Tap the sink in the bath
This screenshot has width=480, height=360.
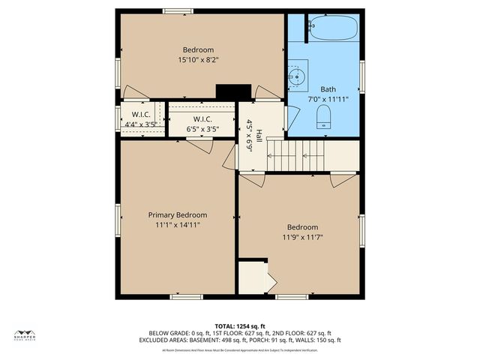point(298,76)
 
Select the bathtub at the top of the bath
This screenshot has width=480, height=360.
point(333,28)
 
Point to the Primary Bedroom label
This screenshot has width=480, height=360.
point(177,214)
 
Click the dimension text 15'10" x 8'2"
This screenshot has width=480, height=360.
point(199,59)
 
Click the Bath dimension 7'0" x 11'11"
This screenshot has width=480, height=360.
point(328,98)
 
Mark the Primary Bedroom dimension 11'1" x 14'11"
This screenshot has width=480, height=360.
point(177,224)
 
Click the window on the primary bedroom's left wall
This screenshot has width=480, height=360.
point(117,219)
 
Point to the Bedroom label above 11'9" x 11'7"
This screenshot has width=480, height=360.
point(303,227)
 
